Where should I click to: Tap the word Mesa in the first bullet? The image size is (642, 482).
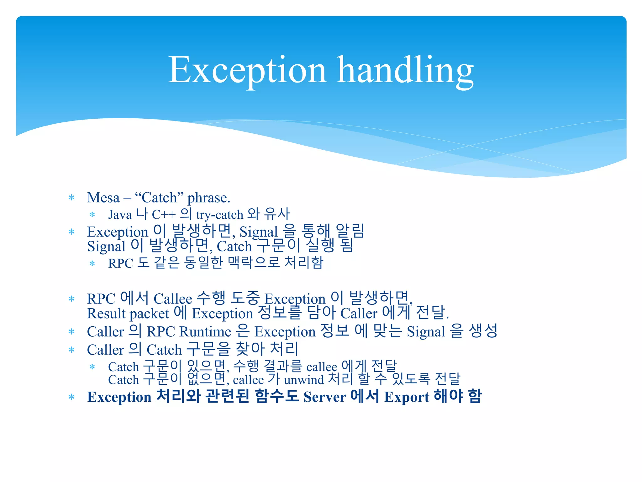103,198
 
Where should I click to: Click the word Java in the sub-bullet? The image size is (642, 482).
120,215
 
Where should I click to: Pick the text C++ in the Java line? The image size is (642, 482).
164,215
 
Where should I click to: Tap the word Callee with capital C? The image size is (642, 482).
173,299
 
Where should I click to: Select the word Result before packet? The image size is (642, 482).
106,313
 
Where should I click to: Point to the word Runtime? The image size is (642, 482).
205,332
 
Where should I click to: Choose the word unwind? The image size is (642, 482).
304,380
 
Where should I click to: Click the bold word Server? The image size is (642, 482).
325,397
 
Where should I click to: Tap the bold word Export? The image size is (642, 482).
407,397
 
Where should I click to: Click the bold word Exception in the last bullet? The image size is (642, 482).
119,397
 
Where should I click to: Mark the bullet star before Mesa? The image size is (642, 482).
71,198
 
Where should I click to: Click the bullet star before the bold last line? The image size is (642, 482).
71,397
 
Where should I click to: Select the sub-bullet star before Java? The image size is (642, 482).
92,215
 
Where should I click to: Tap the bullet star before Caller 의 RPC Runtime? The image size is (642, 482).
71,332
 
